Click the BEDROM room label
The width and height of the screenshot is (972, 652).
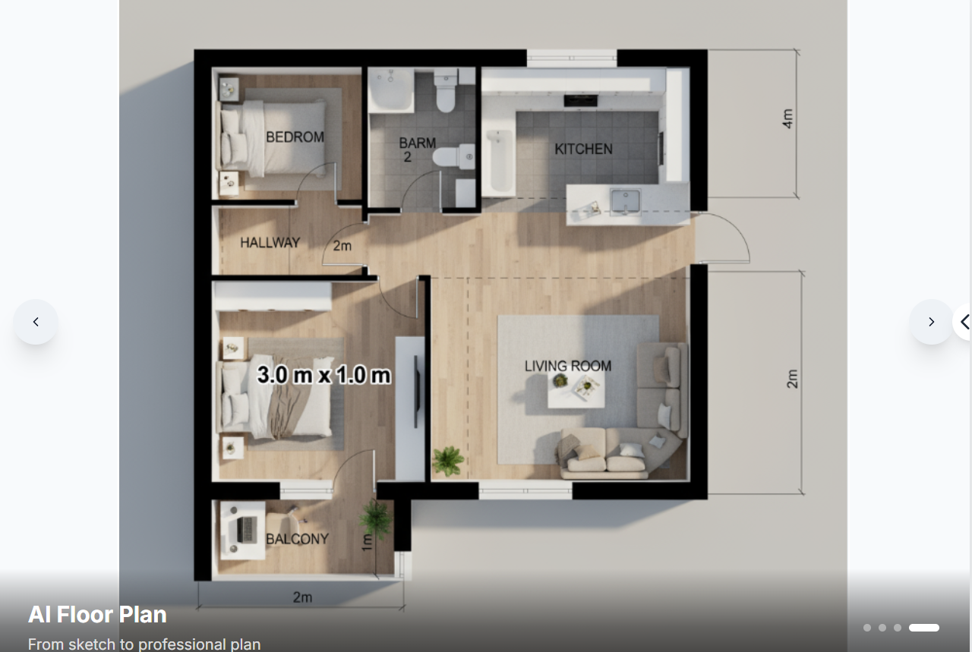pos(295,137)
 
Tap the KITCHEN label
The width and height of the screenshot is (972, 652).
pos(584,150)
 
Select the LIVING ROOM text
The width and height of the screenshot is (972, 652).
pos(567,366)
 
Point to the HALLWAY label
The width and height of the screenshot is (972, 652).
pos(270,242)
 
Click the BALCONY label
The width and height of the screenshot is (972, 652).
pos(297,539)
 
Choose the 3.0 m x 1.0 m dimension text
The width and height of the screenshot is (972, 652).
pos(323,375)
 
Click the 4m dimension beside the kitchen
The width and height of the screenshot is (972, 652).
pos(787,118)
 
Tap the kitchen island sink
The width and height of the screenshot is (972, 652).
pos(625,202)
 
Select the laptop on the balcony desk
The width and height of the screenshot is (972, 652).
pos(247,529)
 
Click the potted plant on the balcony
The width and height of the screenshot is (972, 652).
pos(375,519)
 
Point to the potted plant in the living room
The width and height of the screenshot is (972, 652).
pos(448,461)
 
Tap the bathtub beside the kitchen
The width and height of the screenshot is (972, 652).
pos(500,162)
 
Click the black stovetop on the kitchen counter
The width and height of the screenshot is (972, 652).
pos(581,101)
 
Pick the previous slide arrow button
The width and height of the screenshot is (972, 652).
pos(36,322)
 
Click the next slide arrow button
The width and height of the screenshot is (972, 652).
pos(931,322)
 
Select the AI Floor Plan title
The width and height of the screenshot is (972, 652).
pos(97,615)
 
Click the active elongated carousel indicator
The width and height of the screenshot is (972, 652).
pos(924,628)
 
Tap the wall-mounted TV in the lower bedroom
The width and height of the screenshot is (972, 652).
pos(416,392)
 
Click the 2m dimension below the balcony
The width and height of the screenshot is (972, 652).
pos(302,597)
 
